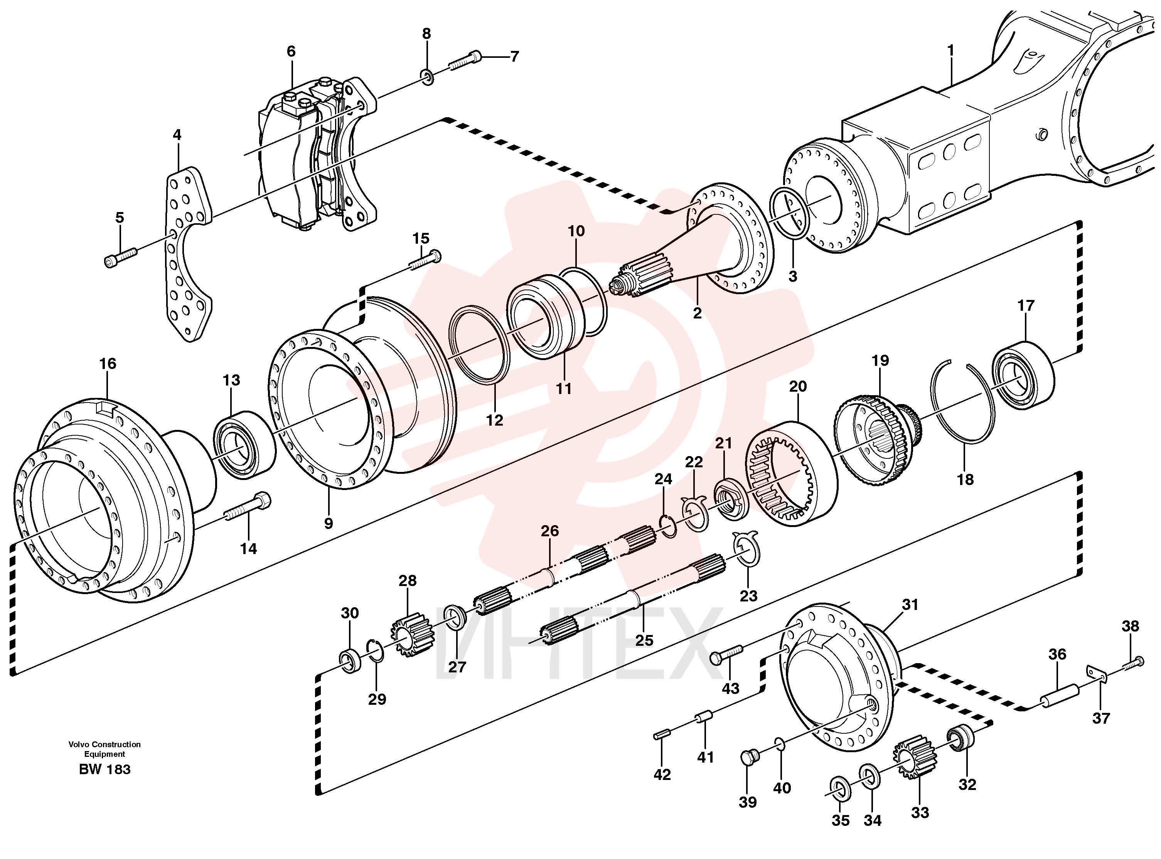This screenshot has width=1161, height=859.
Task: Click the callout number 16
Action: coord(108,364)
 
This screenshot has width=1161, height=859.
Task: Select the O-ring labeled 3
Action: coord(790,215)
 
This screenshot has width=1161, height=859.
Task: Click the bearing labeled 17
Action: coord(1023,375)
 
